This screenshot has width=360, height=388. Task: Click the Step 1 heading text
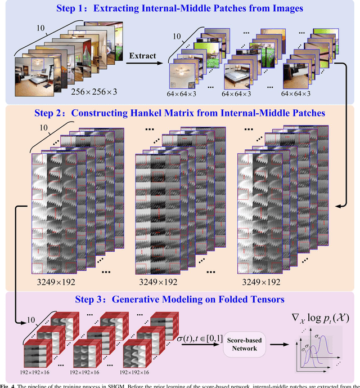181,10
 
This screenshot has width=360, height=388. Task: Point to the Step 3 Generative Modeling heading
181,300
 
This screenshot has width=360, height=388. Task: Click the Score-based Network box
246,345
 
